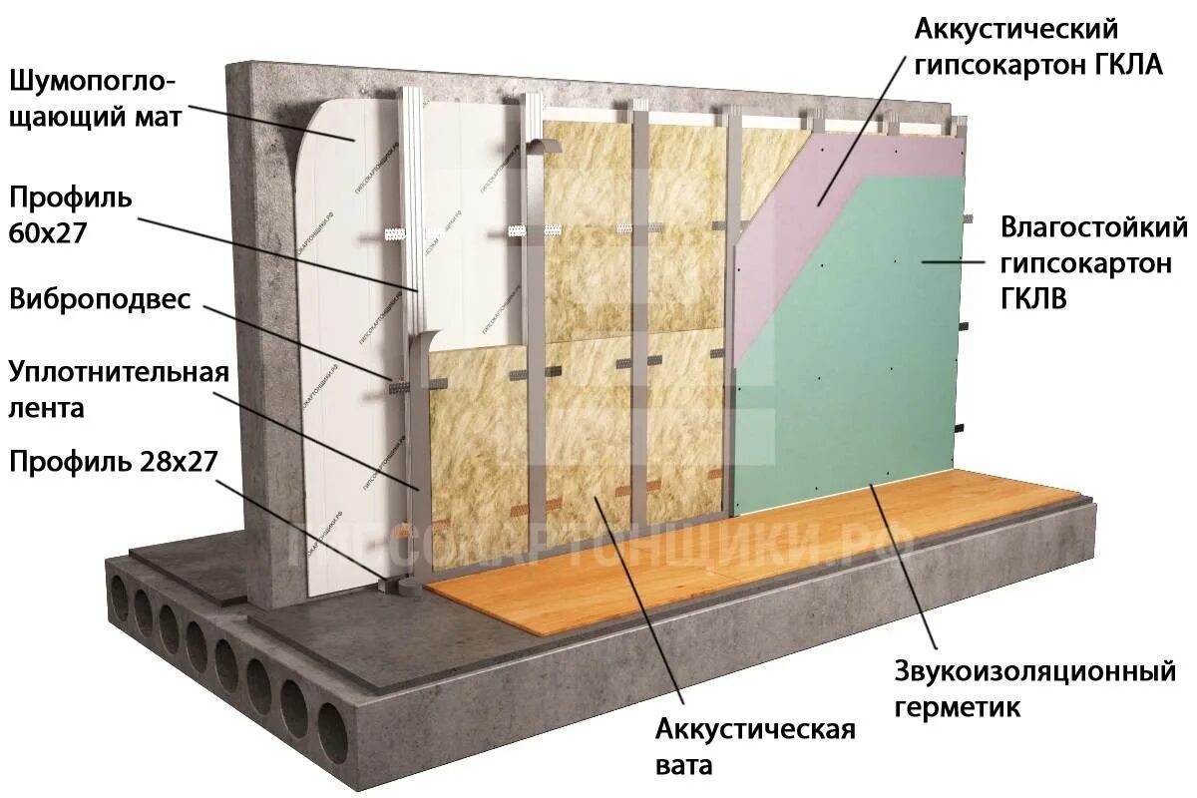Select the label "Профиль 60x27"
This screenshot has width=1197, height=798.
coord(70,211)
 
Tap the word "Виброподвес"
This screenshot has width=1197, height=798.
coord(99,300)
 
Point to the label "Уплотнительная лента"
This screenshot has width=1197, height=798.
coord(119,389)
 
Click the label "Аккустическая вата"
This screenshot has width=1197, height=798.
coord(755,746)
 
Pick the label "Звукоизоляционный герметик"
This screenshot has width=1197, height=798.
coord(1034,688)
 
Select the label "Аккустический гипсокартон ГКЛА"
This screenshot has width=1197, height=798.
coord(1038,47)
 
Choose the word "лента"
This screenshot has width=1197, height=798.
coord(46,407)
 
